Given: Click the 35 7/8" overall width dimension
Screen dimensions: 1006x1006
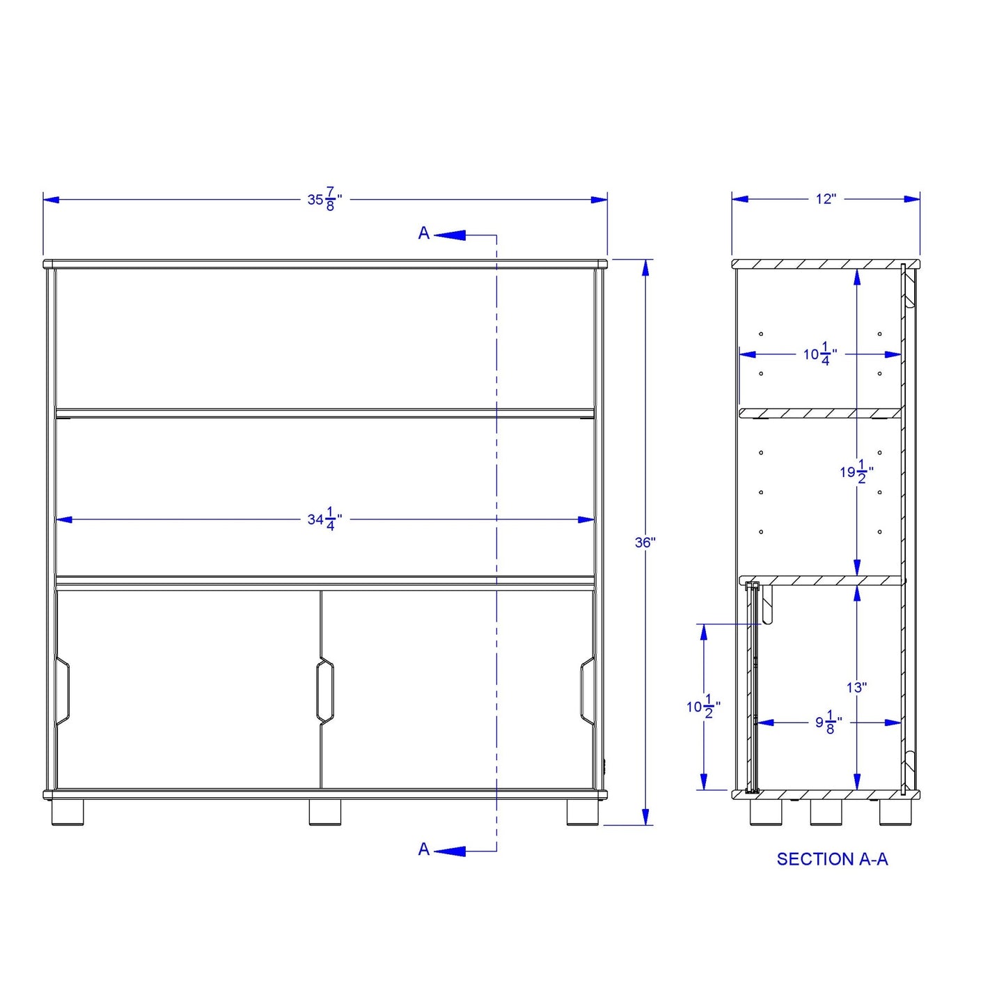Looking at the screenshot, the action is pos(324,199).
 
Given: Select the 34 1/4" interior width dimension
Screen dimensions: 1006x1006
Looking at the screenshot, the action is pos(324,519).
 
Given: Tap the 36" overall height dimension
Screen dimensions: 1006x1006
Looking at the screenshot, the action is pos(645,542).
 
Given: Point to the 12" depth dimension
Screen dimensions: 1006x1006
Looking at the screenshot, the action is pos(826,199).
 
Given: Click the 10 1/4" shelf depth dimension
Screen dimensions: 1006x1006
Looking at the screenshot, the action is pos(820,354).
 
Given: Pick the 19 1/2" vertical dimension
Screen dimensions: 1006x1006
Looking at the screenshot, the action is pos(857,472).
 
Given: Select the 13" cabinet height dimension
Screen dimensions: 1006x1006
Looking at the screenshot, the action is pos(857,688).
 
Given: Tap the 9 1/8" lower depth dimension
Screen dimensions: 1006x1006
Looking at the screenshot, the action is pos(829,723).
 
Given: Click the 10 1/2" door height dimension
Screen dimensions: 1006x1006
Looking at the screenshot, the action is pos(703,707).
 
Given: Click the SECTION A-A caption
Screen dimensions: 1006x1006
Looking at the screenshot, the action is pos(832,859).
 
